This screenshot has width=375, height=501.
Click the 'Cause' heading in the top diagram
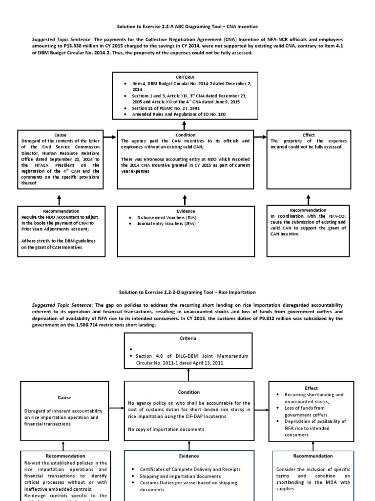click(61, 135)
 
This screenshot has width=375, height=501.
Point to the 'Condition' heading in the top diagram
click(185, 135)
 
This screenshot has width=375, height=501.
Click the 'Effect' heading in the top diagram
click(308, 135)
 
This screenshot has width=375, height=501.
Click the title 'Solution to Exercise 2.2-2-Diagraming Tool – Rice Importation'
click(188, 292)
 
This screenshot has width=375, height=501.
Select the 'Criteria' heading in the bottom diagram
click(188, 338)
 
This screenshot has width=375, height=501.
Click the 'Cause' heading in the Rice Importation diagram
click(64, 398)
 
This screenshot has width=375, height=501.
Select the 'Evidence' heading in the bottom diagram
click(188, 455)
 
